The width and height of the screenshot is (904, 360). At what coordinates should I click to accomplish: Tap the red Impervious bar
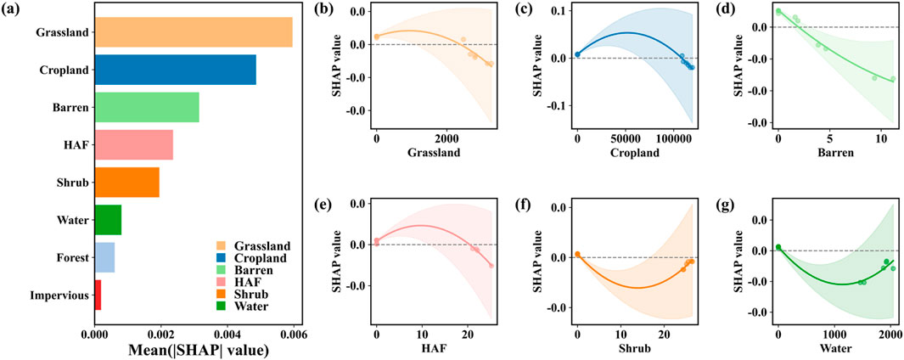pos(98,295)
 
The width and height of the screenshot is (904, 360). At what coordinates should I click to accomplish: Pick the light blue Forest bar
pos(104,257)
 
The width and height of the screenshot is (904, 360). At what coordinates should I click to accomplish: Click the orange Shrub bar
pos(126,183)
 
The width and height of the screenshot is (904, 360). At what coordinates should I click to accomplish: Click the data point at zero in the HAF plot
pos(377,241)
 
